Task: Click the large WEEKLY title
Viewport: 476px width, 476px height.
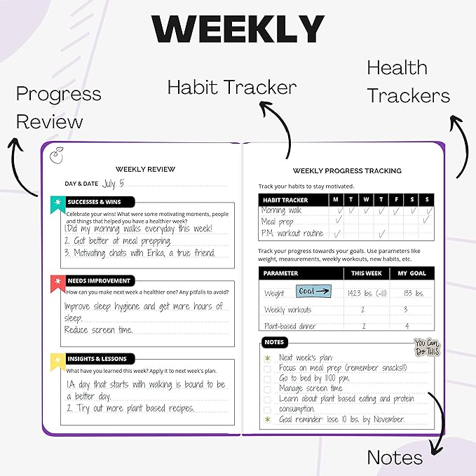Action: point(238,29)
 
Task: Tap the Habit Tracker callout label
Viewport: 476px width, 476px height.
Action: point(231,87)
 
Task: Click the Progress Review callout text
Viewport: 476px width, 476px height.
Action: point(58,107)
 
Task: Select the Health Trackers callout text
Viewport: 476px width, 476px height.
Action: point(408,81)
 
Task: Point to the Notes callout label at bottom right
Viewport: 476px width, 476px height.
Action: point(395,458)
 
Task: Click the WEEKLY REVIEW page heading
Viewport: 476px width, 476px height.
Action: point(145,169)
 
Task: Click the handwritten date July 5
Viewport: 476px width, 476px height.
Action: point(113,184)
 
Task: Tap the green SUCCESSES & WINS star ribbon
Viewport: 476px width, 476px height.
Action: point(57,201)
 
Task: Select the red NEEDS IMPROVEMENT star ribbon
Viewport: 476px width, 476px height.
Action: point(57,281)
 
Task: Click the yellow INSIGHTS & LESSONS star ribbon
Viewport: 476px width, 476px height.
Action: point(57,359)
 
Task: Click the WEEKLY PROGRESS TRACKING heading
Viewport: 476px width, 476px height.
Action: point(347,170)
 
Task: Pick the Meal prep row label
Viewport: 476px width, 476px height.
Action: point(278,222)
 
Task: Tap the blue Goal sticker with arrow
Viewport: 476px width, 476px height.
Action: point(313,292)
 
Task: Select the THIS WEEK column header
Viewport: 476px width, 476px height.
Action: point(367,273)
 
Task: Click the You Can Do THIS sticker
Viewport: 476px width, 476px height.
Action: point(426,347)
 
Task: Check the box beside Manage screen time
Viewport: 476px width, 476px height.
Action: point(266,388)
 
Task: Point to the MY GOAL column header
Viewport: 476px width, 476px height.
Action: point(412,273)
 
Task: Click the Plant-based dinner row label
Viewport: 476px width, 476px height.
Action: point(290,326)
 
